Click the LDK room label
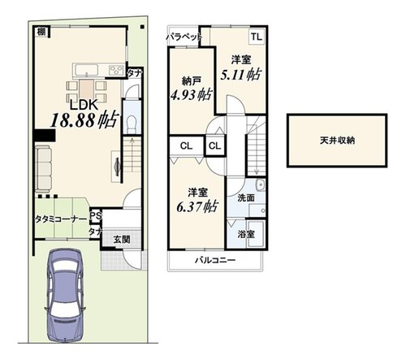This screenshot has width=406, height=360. coord(84,105)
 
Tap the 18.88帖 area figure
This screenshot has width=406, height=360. coord(85,119)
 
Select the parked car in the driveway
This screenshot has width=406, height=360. coord(65,296)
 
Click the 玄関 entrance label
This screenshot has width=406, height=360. coord(122,240)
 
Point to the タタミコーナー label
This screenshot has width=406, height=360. coord(61,219)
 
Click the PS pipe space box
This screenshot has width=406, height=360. coord(96,216)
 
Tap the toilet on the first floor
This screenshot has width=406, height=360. coord(132,124)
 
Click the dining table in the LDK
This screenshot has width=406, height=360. coord(87,89)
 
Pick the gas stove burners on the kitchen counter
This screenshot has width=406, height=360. coord(116,70)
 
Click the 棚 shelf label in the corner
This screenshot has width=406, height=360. coord(41,32)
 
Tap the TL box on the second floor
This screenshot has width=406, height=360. coord(257,37)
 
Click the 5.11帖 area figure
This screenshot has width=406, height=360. coord(240,75)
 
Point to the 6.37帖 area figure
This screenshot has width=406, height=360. coord(197,207)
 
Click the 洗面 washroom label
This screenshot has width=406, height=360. coord(246,198)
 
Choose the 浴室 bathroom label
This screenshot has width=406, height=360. coord(246,234)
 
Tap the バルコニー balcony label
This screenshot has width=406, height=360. coord(215,260)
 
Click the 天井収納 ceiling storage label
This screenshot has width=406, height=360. coord(337,141)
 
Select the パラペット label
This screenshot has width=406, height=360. coord(184,37)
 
